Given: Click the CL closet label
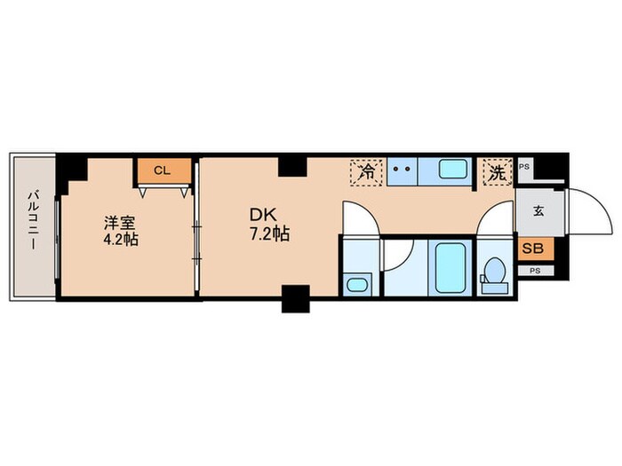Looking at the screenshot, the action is [162, 170].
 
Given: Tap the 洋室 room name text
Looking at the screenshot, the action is [120, 223].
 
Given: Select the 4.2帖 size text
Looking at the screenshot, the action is [121, 240].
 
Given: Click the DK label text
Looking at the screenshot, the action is [263, 215].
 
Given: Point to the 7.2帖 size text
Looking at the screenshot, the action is [269, 234].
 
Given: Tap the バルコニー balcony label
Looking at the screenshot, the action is [34, 220].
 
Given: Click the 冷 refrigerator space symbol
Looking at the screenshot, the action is [366, 172].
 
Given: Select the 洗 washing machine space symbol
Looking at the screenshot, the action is [498, 172].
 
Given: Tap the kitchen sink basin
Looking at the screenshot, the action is [452, 169].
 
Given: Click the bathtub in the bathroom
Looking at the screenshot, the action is [451, 268].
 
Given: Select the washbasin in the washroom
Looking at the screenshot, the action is [357, 285].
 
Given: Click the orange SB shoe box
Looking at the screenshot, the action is [533, 249].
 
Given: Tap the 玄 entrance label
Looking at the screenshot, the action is [538, 211].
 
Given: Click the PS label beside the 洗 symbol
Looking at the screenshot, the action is [524, 167].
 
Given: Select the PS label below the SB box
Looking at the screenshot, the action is [535, 271].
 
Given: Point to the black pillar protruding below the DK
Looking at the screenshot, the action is [296, 299].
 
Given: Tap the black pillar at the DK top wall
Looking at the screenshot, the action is [292, 167].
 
